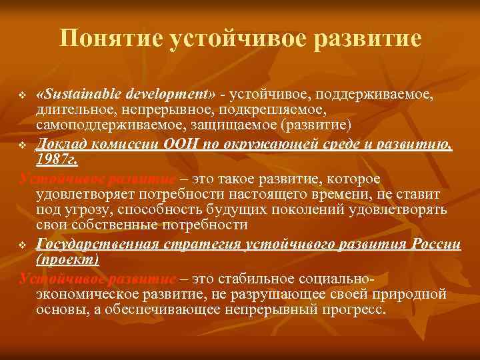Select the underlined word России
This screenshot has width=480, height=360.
click(433, 244)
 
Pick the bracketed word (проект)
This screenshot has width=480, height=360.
click(67, 259)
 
